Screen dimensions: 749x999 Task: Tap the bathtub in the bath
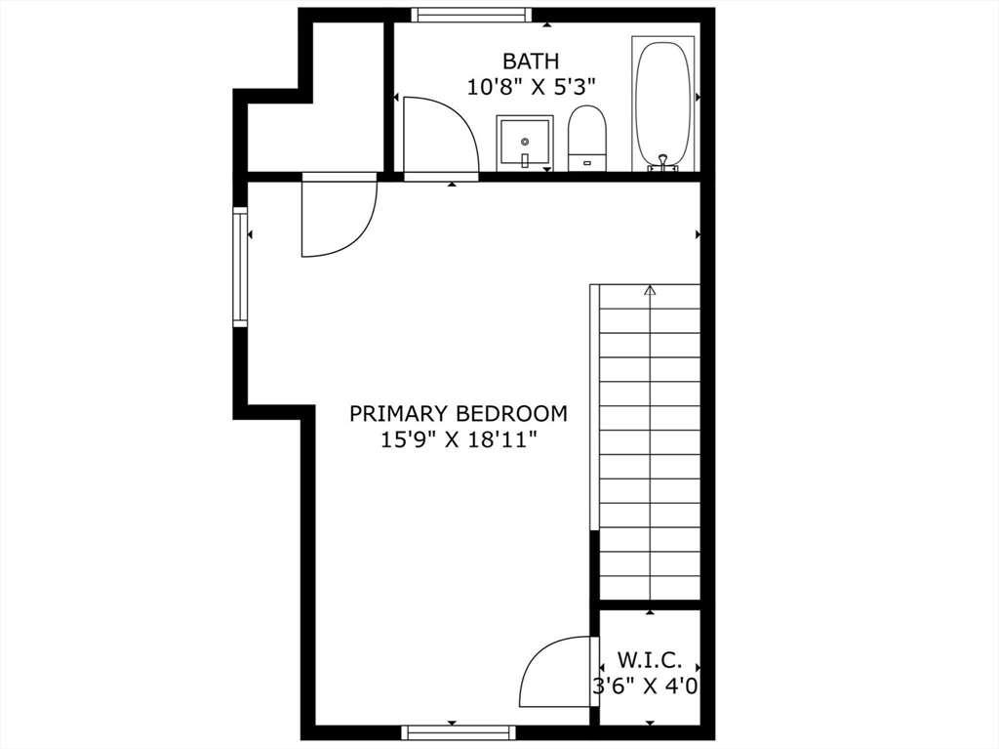(663, 103)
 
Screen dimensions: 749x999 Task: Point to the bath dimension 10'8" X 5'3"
(531, 87)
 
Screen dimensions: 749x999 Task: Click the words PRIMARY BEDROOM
(458, 413)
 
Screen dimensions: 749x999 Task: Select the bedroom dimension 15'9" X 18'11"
(458, 439)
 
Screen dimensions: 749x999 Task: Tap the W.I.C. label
(647, 660)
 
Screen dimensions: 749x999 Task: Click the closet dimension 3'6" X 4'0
(646, 686)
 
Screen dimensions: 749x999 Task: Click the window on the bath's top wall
(471, 15)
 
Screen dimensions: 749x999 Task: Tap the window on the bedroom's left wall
(239, 267)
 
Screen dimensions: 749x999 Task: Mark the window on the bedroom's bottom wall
(458, 731)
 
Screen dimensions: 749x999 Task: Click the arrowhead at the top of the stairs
(651, 289)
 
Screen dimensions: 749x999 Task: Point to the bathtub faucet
(663, 163)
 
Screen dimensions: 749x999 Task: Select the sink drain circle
(525, 141)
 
